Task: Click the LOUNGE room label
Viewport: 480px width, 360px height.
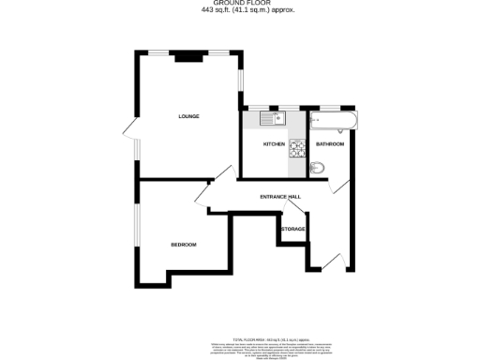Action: (x=189, y=116)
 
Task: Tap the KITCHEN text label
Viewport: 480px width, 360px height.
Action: (x=274, y=144)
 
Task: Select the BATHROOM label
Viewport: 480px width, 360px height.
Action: (x=329, y=144)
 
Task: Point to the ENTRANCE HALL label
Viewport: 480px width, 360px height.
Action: (x=280, y=196)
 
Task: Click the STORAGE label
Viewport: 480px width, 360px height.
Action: (x=293, y=229)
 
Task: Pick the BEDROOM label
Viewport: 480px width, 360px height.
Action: (x=184, y=245)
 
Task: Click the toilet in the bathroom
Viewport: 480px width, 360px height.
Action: (x=319, y=168)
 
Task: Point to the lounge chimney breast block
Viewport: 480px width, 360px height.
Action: (x=187, y=56)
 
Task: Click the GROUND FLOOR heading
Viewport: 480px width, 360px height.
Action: (x=241, y=4)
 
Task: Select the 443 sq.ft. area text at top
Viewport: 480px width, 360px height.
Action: (x=241, y=11)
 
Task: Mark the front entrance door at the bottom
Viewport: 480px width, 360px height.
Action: (x=330, y=262)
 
